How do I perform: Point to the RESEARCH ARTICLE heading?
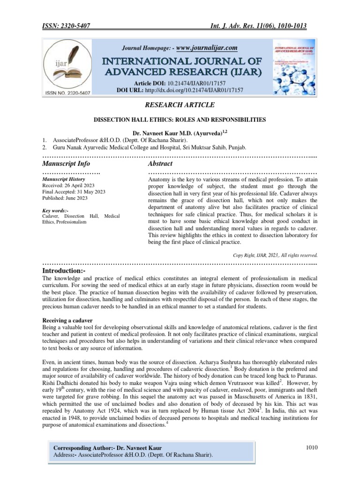pyautogui.click(x=180, y=106)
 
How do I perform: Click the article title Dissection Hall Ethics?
pyautogui.click(x=180, y=120)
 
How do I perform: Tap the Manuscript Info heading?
pyautogui.click(x=66, y=164)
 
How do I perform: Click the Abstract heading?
pyautogui.click(x=160, y=164)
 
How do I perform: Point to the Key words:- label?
pyautogui.click(x=55, y=210)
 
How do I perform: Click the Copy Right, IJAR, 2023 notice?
pyautogui.click(x=275, y=255)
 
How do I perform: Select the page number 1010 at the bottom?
pyautogui.click(x=312, y=448)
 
